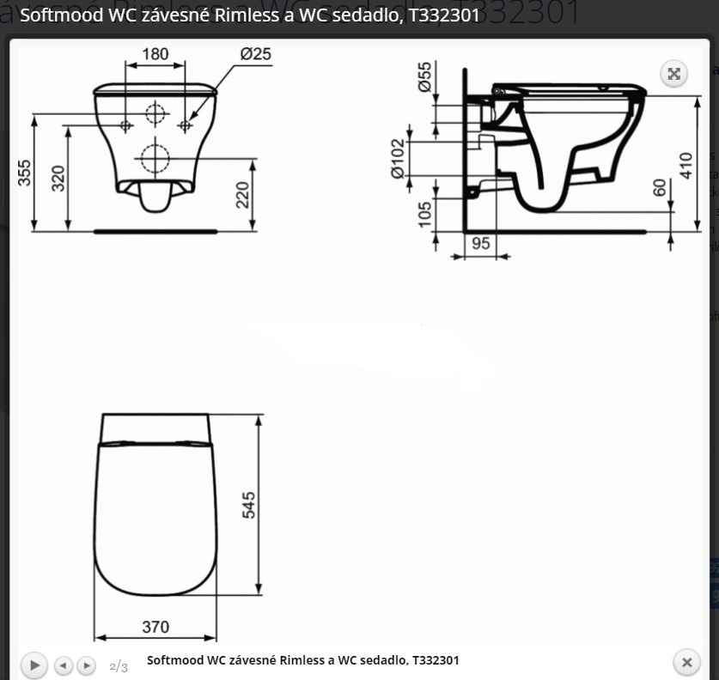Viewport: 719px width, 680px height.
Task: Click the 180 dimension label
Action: click(x=155, y=54)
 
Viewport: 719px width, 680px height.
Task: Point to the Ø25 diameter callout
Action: click(x=255, y=54)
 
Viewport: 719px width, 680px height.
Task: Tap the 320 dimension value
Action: click(x=58, y=179)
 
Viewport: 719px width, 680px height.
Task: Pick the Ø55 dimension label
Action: click(x=424, y=76)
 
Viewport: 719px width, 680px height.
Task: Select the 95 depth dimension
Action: click(x=481, y=244)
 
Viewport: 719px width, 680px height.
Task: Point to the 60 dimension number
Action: click(x=660, y=187)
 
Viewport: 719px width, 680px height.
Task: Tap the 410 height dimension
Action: click(x=685, y=166)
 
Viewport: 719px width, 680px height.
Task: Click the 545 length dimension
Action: click(x=249, y=505)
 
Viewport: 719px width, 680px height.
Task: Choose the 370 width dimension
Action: click(x=155, y=627)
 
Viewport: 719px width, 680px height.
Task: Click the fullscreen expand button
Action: click(x=674, y=74)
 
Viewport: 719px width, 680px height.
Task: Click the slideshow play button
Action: click(x=34, y=665)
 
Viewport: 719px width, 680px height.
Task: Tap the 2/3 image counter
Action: click(x=119, y=666)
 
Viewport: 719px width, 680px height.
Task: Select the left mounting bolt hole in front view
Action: click(x=125, y=125)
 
